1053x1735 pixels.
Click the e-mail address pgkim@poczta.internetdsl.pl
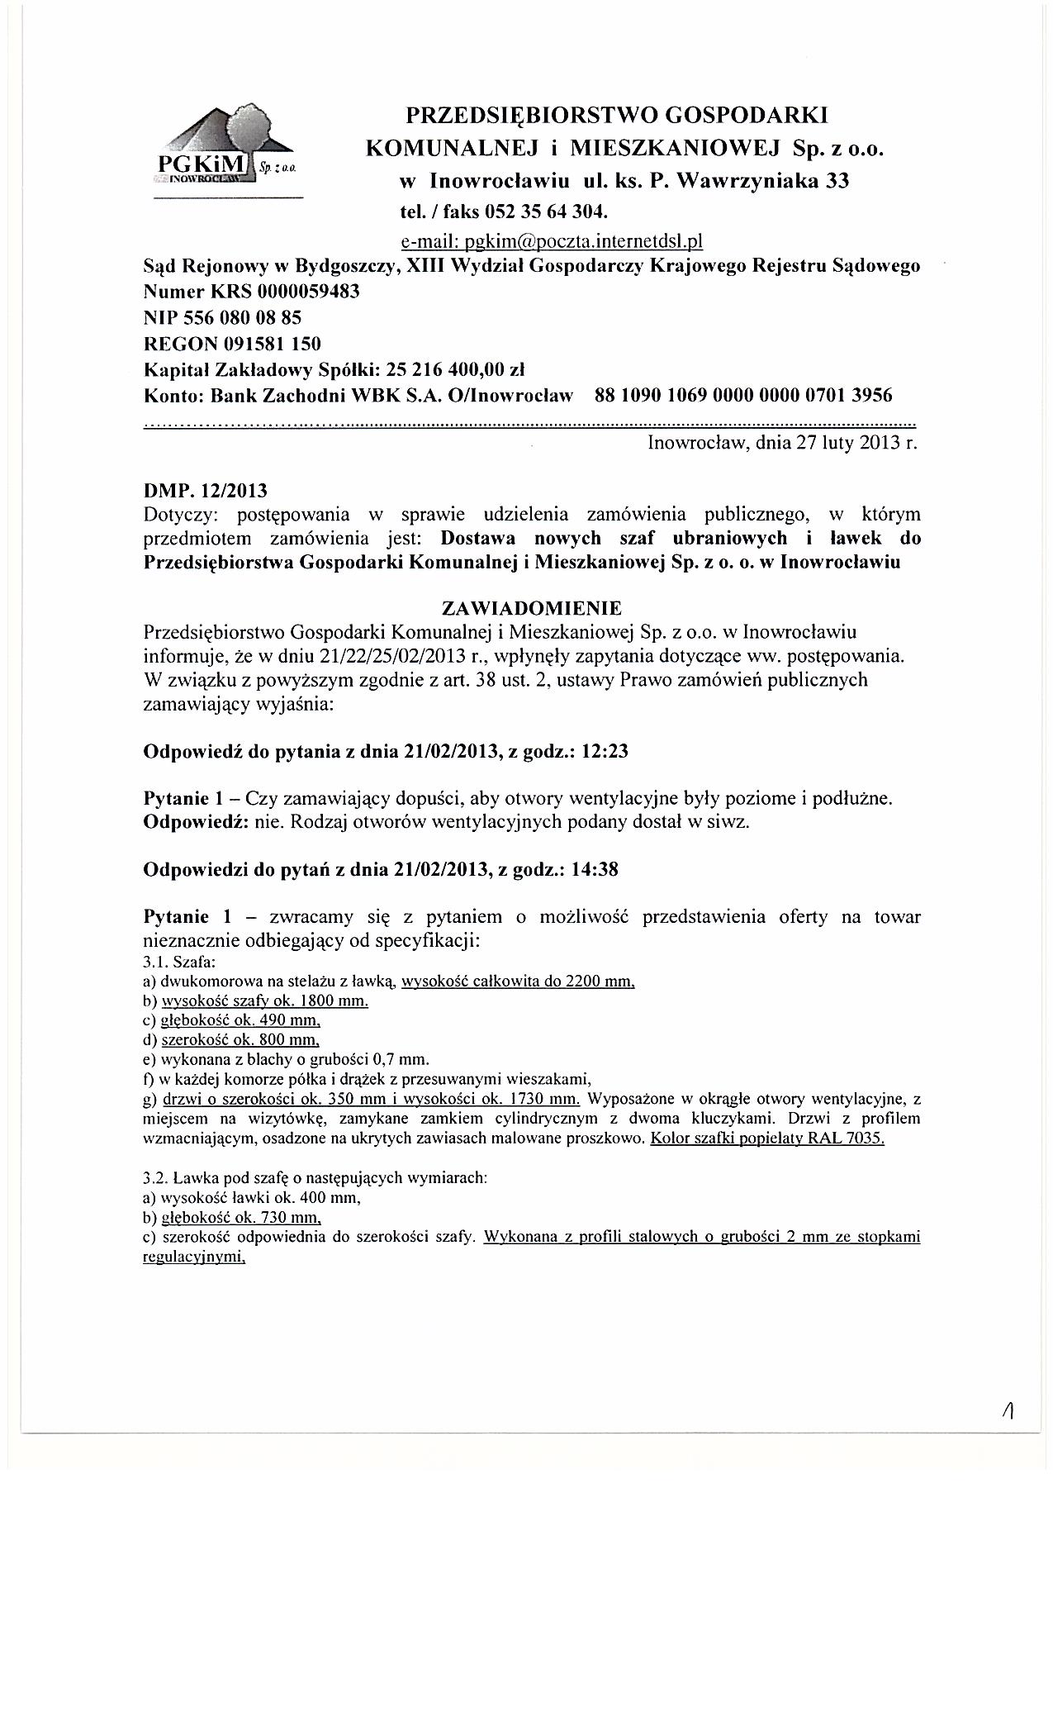click(550, 241)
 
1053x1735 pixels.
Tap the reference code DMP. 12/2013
click(206, 492)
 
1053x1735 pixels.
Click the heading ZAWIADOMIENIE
click(532, 609)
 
